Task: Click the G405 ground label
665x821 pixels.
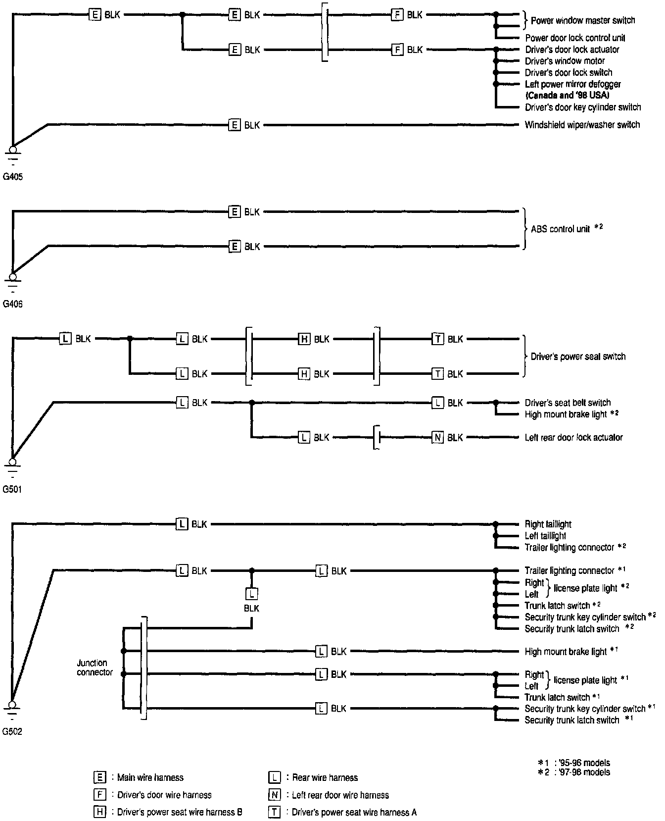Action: pyautogui.click(x=13, y=176)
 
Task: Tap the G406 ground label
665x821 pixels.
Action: pyautogui.click(x=13, y=304)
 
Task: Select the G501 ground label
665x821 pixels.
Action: pyautogui.click(x=13, y=490)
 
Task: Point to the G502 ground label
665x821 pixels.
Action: pyautogui.click(x=13, y=731)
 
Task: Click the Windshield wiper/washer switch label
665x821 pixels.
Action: pyautogui.click(x=582, y=125)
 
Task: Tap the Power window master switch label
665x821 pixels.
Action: pyautogui.click(x=582, y=20)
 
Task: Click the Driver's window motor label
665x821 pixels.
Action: pyautogui.click(x=565, y=61)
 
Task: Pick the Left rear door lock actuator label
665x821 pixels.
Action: pyautogui.click(x=573, y=437)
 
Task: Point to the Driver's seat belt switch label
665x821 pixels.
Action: pyautogui.click(x=568, y=403)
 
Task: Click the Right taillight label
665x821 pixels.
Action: pyautogui.click(x=548, y=524)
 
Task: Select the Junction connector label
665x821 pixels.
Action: pyautogui.click(x=95, y=667)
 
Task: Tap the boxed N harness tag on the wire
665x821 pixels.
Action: pyautogui.click(x=437, y=437)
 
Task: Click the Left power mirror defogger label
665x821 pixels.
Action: pyautogui.click(x=572, y=84)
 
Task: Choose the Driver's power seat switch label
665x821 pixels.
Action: pyautogui.click(x=577, y=357)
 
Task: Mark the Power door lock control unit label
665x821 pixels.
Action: pyautogui.click(x=575, y=38)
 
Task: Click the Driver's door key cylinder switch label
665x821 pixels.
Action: pyautogui.click(x=582, y=107)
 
